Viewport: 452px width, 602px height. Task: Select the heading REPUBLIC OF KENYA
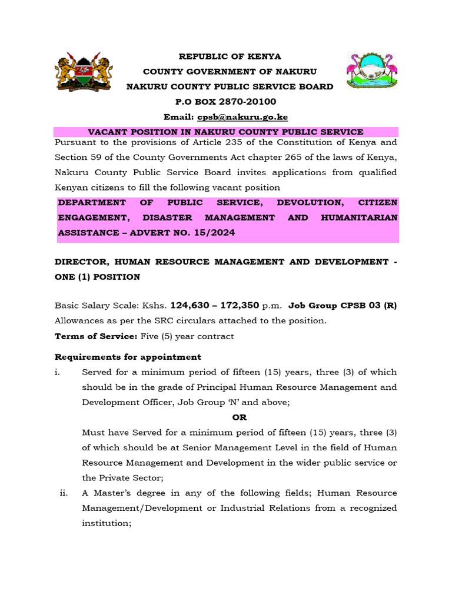pyautogui.click(x=230, y=56)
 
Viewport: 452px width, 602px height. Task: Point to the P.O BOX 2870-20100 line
pyautogui.click(x=230, y=102)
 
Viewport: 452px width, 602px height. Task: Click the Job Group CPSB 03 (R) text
pyautogui.click(x=343, y=306)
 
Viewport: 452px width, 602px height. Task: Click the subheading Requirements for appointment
pyautogui.click(x=128, y=357)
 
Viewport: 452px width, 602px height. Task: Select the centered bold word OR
pyautogui.click(x=240, y=417)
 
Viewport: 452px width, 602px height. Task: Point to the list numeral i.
pyautogui.click(x=57, y=372)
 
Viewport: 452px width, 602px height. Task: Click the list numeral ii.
pyautogui.click(x=64, y=493)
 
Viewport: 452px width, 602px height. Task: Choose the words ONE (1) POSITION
pyautogui.click(x=97, y=277)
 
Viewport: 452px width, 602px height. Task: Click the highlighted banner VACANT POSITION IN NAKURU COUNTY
pyautogui.click(x=225, y=132)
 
